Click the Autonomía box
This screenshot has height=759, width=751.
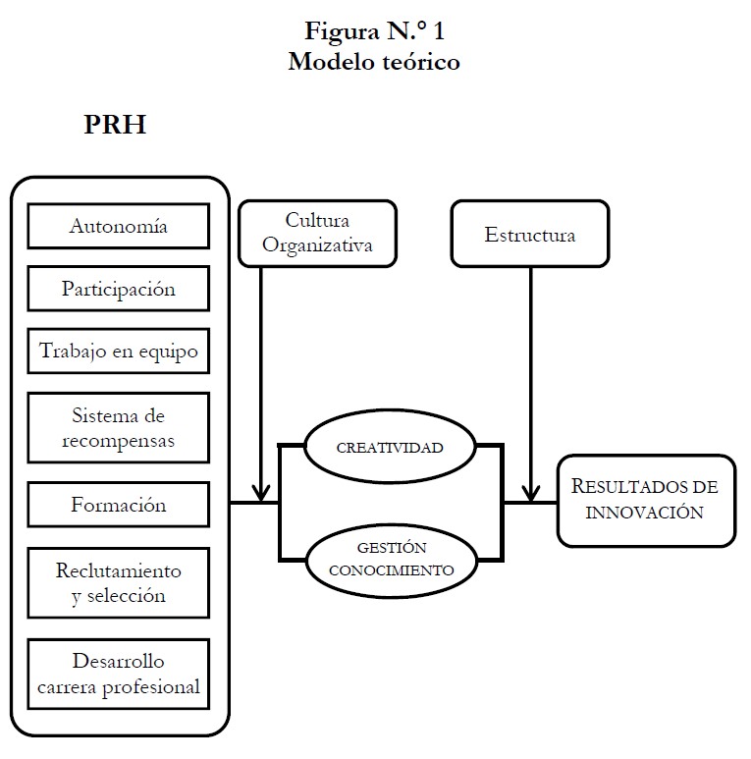[x=119, y=226]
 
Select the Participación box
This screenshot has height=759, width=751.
[x=119, y=289]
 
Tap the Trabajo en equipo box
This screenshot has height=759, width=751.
[x=119, y=351]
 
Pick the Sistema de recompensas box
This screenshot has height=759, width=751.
[x=119, y=427]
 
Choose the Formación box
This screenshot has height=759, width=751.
[x=119, y=505]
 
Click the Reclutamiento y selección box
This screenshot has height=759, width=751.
[x=119, y=582]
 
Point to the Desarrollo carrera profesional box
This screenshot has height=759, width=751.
[x=119, y=673]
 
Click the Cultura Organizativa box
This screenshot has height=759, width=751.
[x=317, y=234]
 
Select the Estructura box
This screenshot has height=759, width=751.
[x=530, y=235]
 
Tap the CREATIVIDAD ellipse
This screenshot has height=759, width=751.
[x=391, y=447]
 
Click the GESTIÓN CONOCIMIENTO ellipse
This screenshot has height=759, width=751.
[x=391, y=559]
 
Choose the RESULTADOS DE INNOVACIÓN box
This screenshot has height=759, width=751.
[x=646, y=500]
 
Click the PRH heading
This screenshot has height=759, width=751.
[x=115, y=127]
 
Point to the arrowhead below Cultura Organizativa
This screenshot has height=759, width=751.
[x=261, y=491]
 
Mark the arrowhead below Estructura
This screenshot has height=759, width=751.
[x=530, y=491]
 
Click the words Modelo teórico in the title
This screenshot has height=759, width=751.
[x=374, y=62]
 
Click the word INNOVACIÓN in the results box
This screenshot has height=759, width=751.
[x=646, y=512]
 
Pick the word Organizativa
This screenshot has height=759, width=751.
[x=317, y=245]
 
